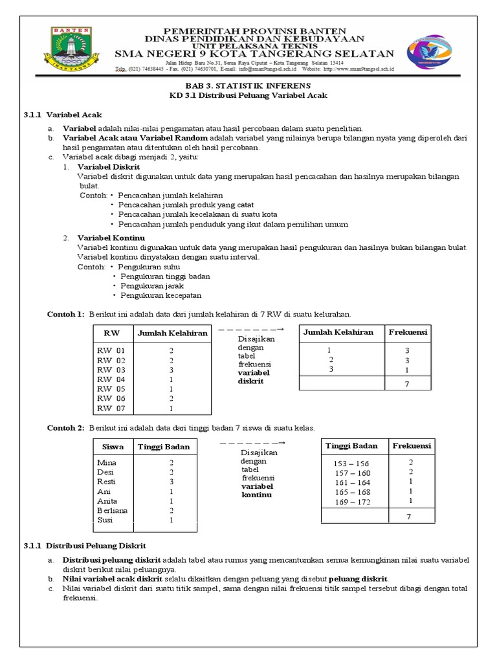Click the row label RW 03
coord(111,370)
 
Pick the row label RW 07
coord(111,409)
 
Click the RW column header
coord(112,333)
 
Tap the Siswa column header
coord(113,447)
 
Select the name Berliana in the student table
coord(112,510)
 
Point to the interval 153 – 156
coord(351,464)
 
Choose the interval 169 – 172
coord(352,502)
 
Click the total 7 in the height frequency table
coord(408,517)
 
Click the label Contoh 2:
coord(65,428)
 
